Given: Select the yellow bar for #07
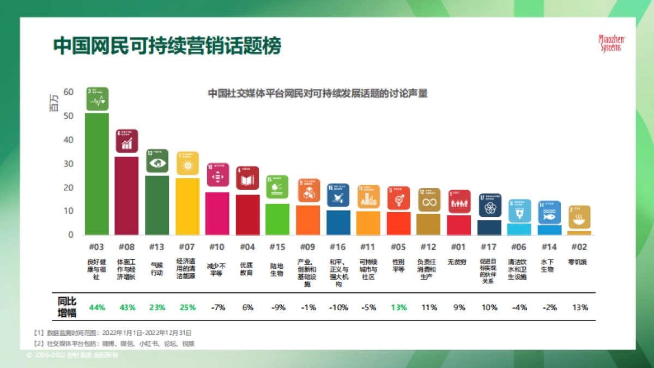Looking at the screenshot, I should tap(187, 206).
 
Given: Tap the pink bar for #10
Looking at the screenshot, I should tap(217, 213).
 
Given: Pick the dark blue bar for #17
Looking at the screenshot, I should tap(489, 227).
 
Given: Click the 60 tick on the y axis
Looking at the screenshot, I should tap(68, 92).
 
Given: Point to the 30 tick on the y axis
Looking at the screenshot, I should tap(68, 164).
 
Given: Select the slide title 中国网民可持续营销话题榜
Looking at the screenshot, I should tap(167, 46).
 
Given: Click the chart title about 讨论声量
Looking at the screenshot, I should tap(318, 93).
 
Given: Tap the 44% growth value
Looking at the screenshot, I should tap(97, 307).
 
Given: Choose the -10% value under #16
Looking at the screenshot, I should tap(338, 307).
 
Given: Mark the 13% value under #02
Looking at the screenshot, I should tap(580, 307).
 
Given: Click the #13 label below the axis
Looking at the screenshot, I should tap(157, 247).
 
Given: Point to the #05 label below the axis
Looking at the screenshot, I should tap(398, 247).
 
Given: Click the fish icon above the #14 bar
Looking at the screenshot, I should tap(549, 212).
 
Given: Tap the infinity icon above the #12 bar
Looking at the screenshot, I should tap(429, 200).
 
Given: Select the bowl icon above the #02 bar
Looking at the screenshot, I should tap(579, 217).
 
